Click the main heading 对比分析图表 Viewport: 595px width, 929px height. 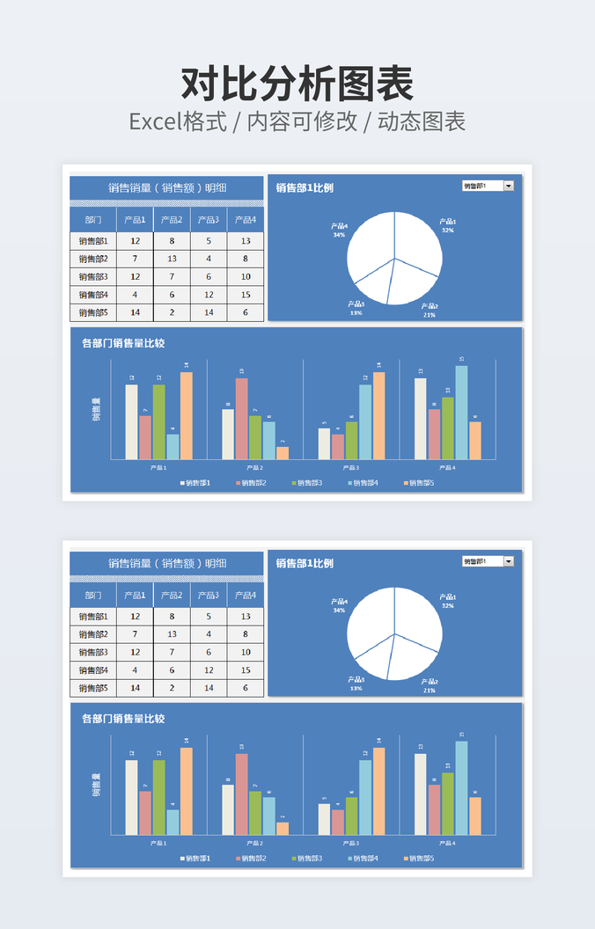pyautogui.click(x=297, y=84)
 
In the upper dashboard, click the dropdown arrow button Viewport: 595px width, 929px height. pyautogui.click(x=508, y=186)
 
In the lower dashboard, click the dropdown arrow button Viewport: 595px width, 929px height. pyautogui.click(x=508, y=561)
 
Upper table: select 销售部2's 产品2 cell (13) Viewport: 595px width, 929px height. pyautogui.click(x=172, y=259)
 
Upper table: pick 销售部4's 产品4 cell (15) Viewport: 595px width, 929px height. pyautogui.click(x=246, y=295)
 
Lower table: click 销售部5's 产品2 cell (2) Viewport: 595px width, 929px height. pyautogui.click(x=172, y=688)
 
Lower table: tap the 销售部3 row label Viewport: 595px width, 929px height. pyautogui.click(x=93, y=652)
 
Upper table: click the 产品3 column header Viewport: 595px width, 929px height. pyautogui.click(x=209, y=220)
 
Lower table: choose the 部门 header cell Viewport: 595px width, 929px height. pyautogui.click(x=93, y=596)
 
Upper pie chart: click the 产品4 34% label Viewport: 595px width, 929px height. pyautogui.click(x=339, y=230)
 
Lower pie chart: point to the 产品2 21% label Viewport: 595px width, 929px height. pyautogui.click(x=429, y=685)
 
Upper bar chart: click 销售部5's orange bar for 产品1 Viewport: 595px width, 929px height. pyautogui.click(x=186, y=415)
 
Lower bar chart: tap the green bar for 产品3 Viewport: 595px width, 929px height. pyautogui.click(x=351, y=816)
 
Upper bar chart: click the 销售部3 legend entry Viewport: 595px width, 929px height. pyautogui.click(x=307, y=483)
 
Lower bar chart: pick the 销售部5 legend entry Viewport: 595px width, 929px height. pyautogui.click(x=419, y=858)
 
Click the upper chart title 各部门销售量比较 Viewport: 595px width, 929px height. pyautogui.click(x=123, y=343)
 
